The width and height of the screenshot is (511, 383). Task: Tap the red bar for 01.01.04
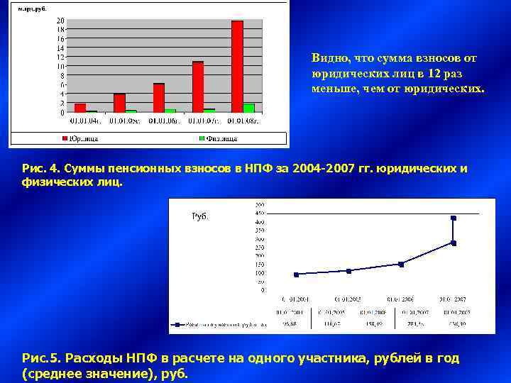[80, 108]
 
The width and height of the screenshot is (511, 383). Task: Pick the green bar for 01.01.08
[248, 108]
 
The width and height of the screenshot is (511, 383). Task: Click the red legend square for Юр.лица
[65, 138]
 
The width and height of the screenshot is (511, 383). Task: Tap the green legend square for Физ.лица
[202, 138]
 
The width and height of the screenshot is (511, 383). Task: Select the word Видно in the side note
[327, 57]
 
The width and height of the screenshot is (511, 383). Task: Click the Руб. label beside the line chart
[201, 216]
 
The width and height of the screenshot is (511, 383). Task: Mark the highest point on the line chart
[454, 218]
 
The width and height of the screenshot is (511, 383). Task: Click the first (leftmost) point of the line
[296, 274]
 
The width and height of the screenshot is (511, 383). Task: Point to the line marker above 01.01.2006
[401, 264]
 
